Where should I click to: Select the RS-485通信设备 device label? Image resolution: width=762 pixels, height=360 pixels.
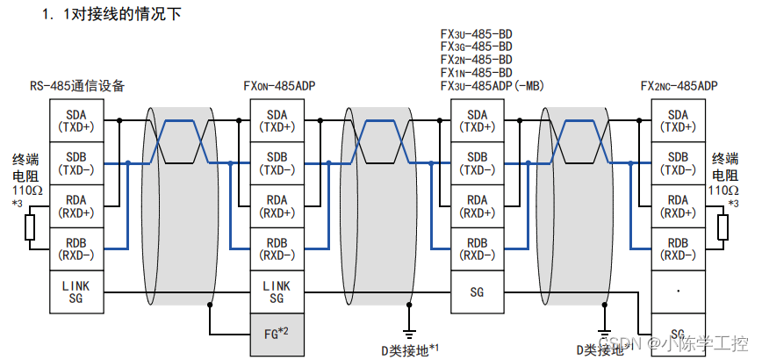coord(77,86)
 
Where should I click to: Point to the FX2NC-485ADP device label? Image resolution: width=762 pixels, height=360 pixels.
coord(679,86)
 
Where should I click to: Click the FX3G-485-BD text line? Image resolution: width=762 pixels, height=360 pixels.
coord(476,45)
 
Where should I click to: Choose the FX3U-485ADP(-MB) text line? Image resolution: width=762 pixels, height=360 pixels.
coord(492,86)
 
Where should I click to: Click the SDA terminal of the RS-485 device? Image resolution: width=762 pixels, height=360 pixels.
coord(77,120)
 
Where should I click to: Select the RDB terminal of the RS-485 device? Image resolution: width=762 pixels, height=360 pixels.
coord(77,249)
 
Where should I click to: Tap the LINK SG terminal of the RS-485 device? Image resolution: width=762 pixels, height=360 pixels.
coord(77,292)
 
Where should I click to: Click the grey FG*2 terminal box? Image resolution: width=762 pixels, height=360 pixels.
coord(277,334)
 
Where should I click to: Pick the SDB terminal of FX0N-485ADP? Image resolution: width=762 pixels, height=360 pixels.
coord(277,162)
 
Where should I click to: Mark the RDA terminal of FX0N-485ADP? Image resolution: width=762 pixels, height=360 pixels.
coord(277,206)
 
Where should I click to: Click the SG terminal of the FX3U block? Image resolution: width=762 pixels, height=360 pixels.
coord(478,292)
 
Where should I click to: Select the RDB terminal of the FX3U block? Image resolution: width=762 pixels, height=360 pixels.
coord(478,249)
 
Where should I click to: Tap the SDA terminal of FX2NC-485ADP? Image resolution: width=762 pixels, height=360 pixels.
coord(678,120)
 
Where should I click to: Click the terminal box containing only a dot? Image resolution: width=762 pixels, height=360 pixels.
coord(678,292)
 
